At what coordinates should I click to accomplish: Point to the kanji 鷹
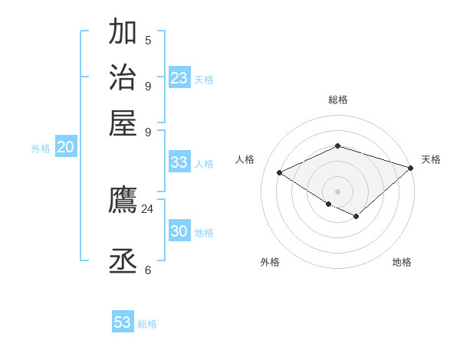123,201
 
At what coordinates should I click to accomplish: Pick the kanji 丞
123,261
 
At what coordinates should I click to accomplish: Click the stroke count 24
147,208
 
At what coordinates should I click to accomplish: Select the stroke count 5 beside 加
148,40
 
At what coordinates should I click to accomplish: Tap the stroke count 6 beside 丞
148,270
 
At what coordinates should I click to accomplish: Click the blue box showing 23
179,78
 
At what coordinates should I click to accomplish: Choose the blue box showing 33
179,162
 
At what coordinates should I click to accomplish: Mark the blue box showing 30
179,231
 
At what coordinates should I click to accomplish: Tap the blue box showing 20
65,148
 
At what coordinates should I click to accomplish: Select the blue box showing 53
123,322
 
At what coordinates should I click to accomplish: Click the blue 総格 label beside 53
147,324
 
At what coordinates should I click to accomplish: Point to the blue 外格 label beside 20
41,149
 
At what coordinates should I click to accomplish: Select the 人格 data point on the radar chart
280,173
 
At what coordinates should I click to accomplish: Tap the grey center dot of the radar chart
337,191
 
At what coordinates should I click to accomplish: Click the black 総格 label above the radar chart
337,100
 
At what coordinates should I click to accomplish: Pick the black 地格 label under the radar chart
402,262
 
